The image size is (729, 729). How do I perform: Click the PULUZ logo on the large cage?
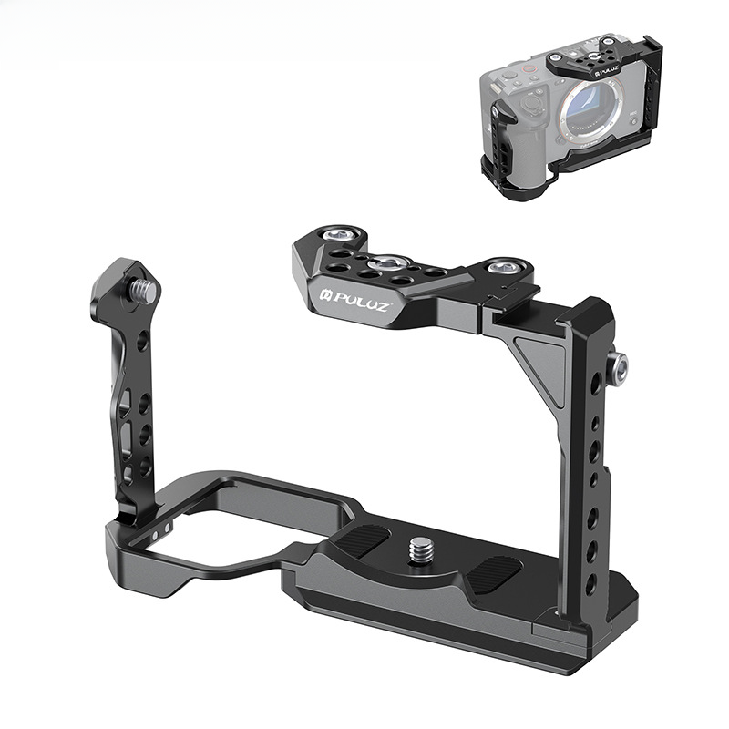[x=355, y=303]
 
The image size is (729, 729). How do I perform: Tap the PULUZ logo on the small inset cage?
[x=606, y=70]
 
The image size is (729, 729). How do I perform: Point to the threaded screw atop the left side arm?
[x=144, y=290]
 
